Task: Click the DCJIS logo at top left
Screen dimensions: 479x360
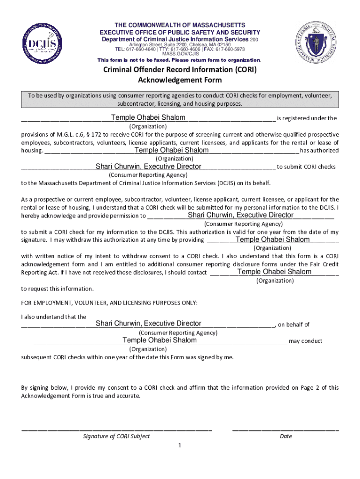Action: pos(41,44)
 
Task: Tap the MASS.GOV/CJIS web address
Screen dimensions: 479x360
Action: pos(180,54)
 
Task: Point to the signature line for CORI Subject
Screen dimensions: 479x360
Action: pos(116,428)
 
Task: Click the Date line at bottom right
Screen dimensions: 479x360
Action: pos(285,428)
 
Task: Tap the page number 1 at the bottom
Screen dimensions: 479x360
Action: pos(180,445)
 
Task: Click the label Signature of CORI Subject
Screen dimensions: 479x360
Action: pos(116,436)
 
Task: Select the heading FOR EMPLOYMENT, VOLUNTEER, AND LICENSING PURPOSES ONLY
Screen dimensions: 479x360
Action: pos(109,303)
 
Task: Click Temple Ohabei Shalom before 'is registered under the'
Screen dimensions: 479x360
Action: pos(148,117)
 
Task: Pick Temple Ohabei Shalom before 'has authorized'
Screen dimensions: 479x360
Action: pos(172,150)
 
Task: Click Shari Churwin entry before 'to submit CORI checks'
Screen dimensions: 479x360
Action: pos(148,167)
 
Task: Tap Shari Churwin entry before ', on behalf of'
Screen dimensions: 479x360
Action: pos(148,324)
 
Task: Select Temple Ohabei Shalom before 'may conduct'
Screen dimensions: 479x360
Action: pos(159,340)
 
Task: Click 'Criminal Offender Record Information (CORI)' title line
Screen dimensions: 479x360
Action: pos(180,70)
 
